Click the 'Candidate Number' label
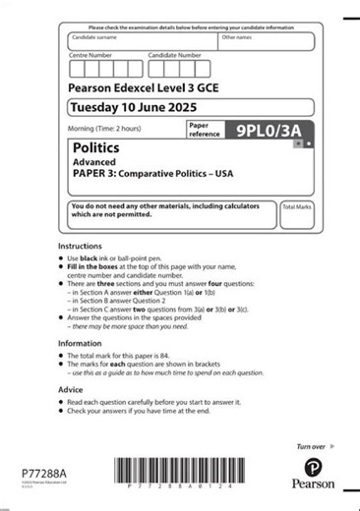pos(175,55)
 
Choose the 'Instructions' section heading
pos(80,246)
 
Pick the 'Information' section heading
pos(80,343)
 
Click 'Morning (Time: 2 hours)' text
pos(104,129)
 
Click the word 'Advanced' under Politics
pos(94,162)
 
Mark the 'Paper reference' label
pos(203,130)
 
